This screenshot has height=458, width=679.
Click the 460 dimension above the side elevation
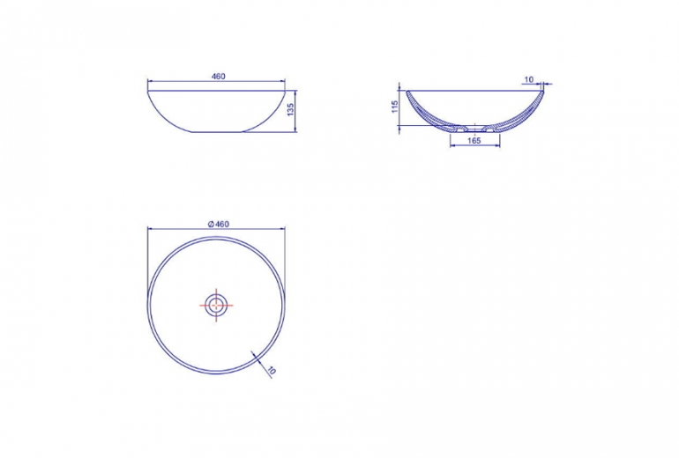[219, 77]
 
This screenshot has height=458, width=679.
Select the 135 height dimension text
[291, 109]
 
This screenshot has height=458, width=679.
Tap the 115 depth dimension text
[394, 107]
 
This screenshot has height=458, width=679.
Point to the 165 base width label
[474, 141]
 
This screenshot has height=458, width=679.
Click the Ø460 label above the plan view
[219, 224]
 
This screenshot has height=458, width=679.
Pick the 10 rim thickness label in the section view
[529, 79]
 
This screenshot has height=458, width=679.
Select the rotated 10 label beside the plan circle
[271, 370]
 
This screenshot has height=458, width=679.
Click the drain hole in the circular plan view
[216, 305]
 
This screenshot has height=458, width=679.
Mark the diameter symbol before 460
[211, 224]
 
